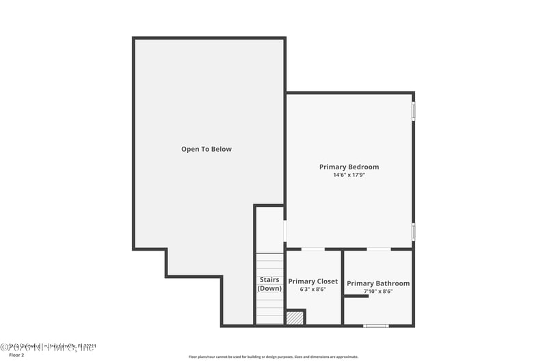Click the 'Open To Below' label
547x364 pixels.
(x=206, y=149)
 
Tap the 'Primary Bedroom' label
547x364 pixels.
(x=349, y=167)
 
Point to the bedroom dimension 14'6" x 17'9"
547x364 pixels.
(x=349, y=176)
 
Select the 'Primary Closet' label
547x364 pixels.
(x=312, y=281)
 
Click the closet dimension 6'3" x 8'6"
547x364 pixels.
(x=312, y=290)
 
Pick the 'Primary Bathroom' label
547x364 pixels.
(x=378, y=283)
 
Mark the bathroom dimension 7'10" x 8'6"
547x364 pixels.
(x=378, y=292)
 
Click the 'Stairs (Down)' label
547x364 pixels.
(x=269, y=284)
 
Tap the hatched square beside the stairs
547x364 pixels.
(x=295, y=318)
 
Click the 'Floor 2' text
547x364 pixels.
(x=16, y=355)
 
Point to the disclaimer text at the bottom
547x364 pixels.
(x=273, y=356)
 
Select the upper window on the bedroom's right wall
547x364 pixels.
(x=413, y=111)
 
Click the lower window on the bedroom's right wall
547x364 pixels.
(x=413, y=232)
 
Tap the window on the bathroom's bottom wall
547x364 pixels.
(x=376, y=326)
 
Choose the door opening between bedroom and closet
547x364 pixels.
(x=312, y=249)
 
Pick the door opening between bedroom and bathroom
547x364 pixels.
(x=379, y=249)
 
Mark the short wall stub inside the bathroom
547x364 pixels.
(x=356, y=296)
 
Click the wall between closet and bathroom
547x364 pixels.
(x=343, y=287)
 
